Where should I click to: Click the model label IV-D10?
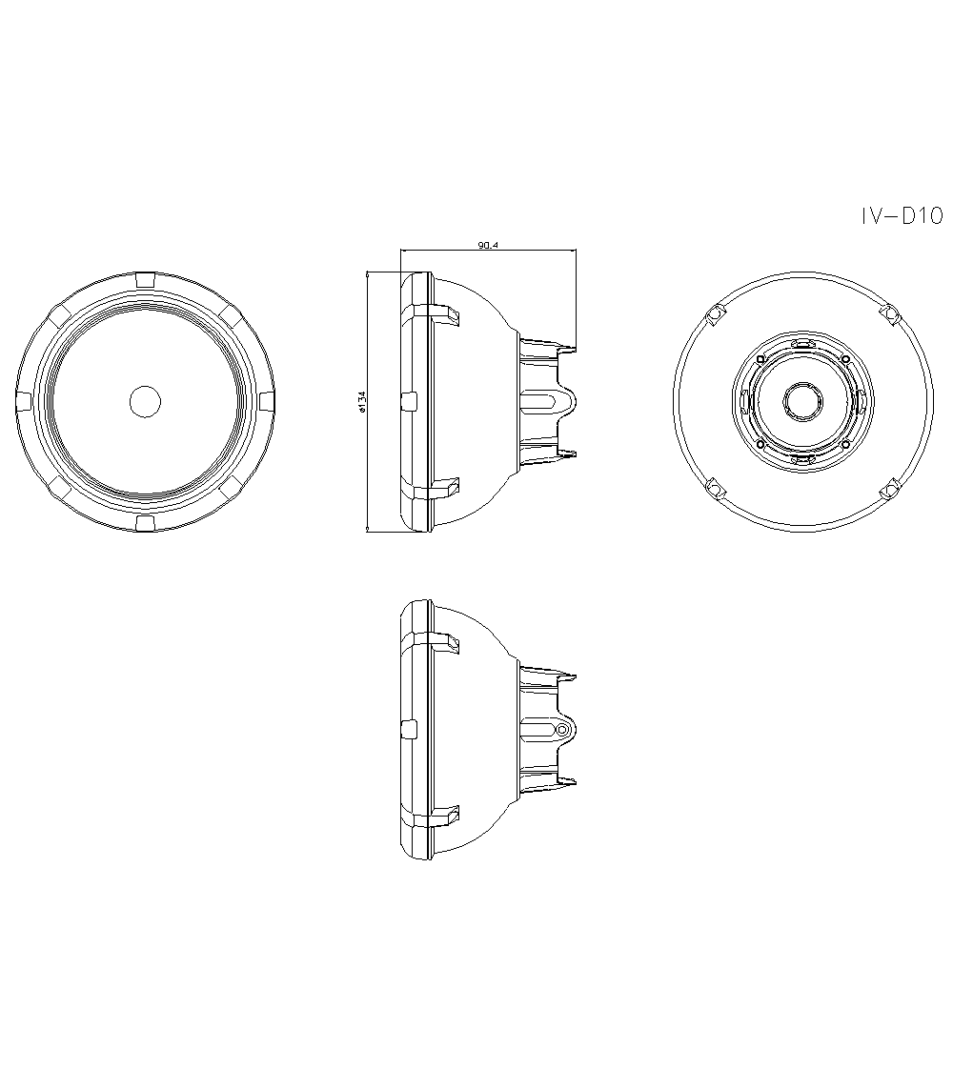coord(901,217)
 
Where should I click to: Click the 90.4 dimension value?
coord(488,246)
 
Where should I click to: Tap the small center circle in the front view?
coord(145,401)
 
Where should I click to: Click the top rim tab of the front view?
coord(145,279)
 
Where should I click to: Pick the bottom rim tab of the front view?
coord(145,523)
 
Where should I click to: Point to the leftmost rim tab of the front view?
coord(24,400)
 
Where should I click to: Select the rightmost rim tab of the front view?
coord(267,400)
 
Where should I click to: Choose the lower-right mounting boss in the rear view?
coord(888,490)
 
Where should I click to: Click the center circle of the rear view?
coord(800,400)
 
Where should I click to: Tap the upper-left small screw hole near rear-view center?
coord(760,359)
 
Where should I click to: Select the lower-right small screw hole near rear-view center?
coord(844,443)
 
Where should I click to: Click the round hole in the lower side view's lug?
coord(562,730)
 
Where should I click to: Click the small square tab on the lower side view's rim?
coord(410,729)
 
